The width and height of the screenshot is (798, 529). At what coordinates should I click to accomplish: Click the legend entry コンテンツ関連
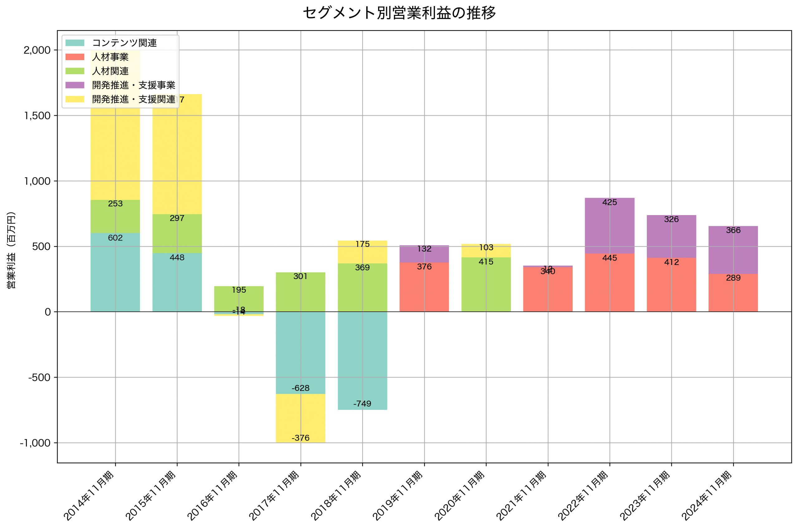124,43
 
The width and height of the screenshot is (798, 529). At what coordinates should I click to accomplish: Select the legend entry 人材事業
110,57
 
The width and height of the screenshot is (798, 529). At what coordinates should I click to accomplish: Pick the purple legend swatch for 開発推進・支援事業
75,85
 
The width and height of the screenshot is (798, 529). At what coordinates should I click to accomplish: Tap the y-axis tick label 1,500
37,116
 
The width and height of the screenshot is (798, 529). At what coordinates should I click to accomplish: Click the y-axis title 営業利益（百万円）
11,250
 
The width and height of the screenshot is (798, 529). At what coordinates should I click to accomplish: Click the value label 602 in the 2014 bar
115,238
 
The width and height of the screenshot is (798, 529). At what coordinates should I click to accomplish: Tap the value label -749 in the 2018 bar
362,404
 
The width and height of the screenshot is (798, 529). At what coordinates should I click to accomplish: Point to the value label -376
300,438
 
